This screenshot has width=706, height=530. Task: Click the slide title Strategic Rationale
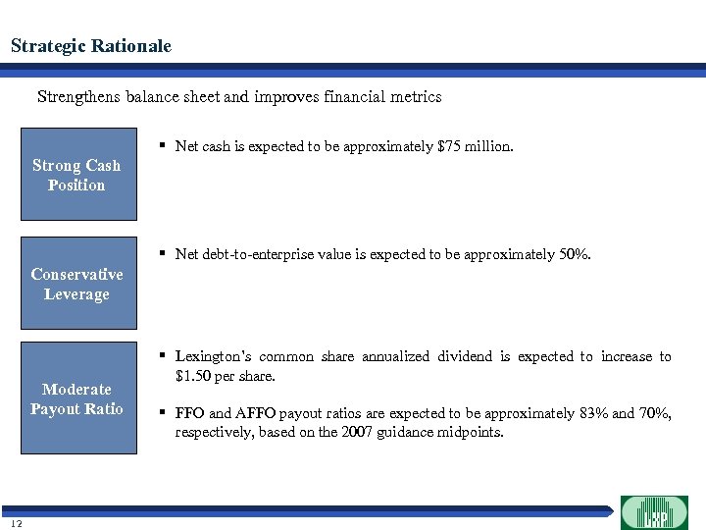click(x=91, y=46)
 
